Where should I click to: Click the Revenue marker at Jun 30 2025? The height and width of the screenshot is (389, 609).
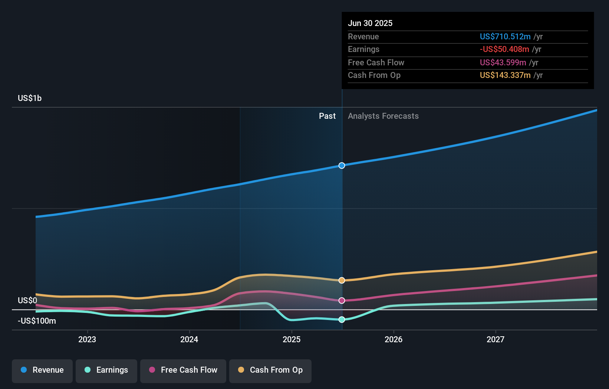[x=342, y=166]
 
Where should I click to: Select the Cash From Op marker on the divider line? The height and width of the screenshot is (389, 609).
[x=342, y=280]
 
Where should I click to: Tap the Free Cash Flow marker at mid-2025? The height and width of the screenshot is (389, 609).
[x=342, y=300]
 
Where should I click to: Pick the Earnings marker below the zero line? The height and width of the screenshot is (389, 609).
[x=342, y=320]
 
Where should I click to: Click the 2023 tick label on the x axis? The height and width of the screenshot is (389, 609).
[x=87, y=339]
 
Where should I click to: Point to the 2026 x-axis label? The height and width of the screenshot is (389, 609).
[x=394, y=339]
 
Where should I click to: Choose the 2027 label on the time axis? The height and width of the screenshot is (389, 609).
[x=496, y=339]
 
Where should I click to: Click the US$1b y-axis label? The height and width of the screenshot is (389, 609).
[x=30, y=98]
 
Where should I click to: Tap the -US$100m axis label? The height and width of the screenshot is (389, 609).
[x=37, y=321]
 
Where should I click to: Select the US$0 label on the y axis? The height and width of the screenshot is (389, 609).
[x=27, y=300]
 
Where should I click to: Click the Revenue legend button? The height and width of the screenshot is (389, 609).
[x=42, y=370]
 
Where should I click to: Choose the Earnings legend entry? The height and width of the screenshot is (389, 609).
[x=106, y=370]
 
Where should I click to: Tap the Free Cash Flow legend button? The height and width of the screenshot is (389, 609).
[x=183, y=370]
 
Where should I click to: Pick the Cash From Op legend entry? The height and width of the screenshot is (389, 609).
[x=270, y=370]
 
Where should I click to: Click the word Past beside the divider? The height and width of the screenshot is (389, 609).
[x=327, y=116]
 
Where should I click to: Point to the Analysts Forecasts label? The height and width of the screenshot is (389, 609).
[x=383, y=116]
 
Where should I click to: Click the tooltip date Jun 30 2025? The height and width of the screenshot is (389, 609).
[x=370, y=23]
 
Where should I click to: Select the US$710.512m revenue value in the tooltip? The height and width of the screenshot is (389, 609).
[x=505, y=36]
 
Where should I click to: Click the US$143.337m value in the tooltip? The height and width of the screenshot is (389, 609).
[x=505, y=75]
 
